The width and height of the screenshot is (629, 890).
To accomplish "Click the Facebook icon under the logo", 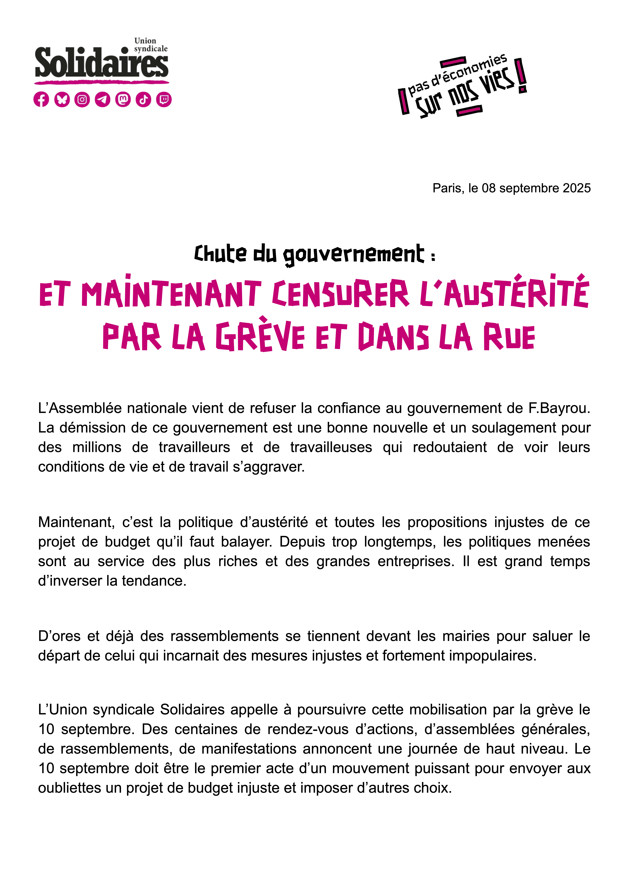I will tap(41, 100).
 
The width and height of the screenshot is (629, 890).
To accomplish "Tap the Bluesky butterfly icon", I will tap(62, 100).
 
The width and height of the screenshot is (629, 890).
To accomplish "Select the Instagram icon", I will tap(82, 100).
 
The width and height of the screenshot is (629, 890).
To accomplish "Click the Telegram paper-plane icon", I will tap(103, 100).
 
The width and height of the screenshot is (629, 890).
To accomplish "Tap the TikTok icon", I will tap(143, 100).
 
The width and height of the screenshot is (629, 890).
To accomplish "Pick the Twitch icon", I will tap(164, 100).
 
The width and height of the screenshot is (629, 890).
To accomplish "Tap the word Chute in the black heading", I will tap(220, 254).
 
